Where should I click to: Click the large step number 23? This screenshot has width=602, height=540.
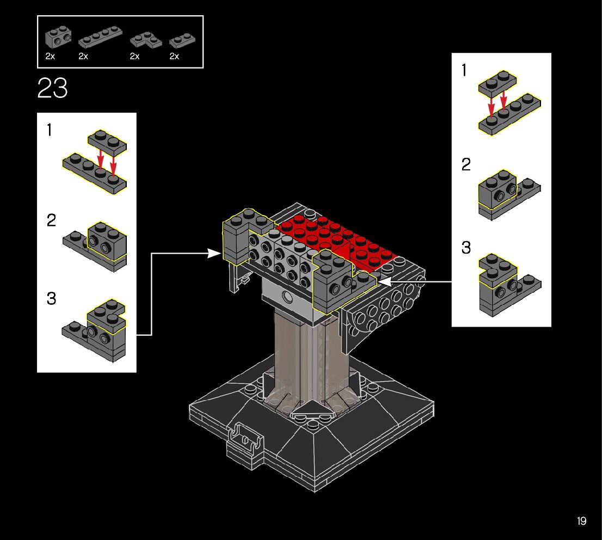click(x=53, y=88)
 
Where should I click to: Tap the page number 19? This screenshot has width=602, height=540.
click(x=581, y=521)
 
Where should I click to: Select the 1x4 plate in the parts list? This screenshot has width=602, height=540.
click(x=100, y=37)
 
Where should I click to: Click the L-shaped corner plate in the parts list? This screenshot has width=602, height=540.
click(x=146, y=40)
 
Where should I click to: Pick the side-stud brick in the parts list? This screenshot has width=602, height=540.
click(x=58, y=36)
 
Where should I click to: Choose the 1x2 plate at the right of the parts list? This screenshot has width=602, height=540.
click(x=182, y=40)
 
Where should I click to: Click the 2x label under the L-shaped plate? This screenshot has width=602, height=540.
click(x=134, y=57)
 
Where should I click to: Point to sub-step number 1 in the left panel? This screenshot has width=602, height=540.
click(x=49, y=130)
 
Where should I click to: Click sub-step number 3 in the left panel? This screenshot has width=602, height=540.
click(x=52, y=298)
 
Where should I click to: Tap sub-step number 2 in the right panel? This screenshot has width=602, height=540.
click(x=466, y=164)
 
